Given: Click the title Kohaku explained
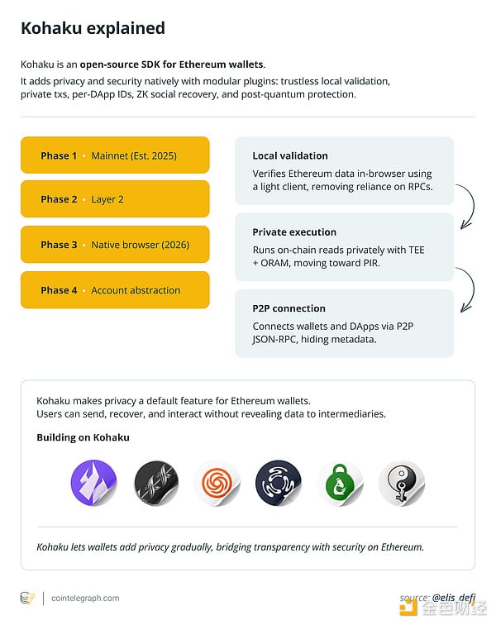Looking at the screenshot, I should (x=93, y=28).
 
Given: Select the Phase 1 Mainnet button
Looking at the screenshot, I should (x=115, y=155).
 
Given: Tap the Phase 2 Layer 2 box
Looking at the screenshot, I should (x=115, y=199).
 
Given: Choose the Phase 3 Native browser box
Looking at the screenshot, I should (x=115, y=245).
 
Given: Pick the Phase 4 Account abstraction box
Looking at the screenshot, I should (x=115, y=290).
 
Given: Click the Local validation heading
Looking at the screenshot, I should (x=290, y=155).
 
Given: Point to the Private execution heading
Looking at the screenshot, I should (x=294, y=232).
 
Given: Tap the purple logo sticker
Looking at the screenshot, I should (x=93, y=483).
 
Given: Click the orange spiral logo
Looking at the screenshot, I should (x=217, y=483).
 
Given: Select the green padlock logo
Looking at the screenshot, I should (x=340, y=484).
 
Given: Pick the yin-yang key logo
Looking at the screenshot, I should (x=401, y=484).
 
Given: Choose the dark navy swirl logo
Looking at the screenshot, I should (x=278, y=483).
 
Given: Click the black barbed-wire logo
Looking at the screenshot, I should (x=156, y=483).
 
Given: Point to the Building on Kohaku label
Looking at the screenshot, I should (x=83, y=437).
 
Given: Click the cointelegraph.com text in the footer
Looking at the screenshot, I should (x=85, y=598).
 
